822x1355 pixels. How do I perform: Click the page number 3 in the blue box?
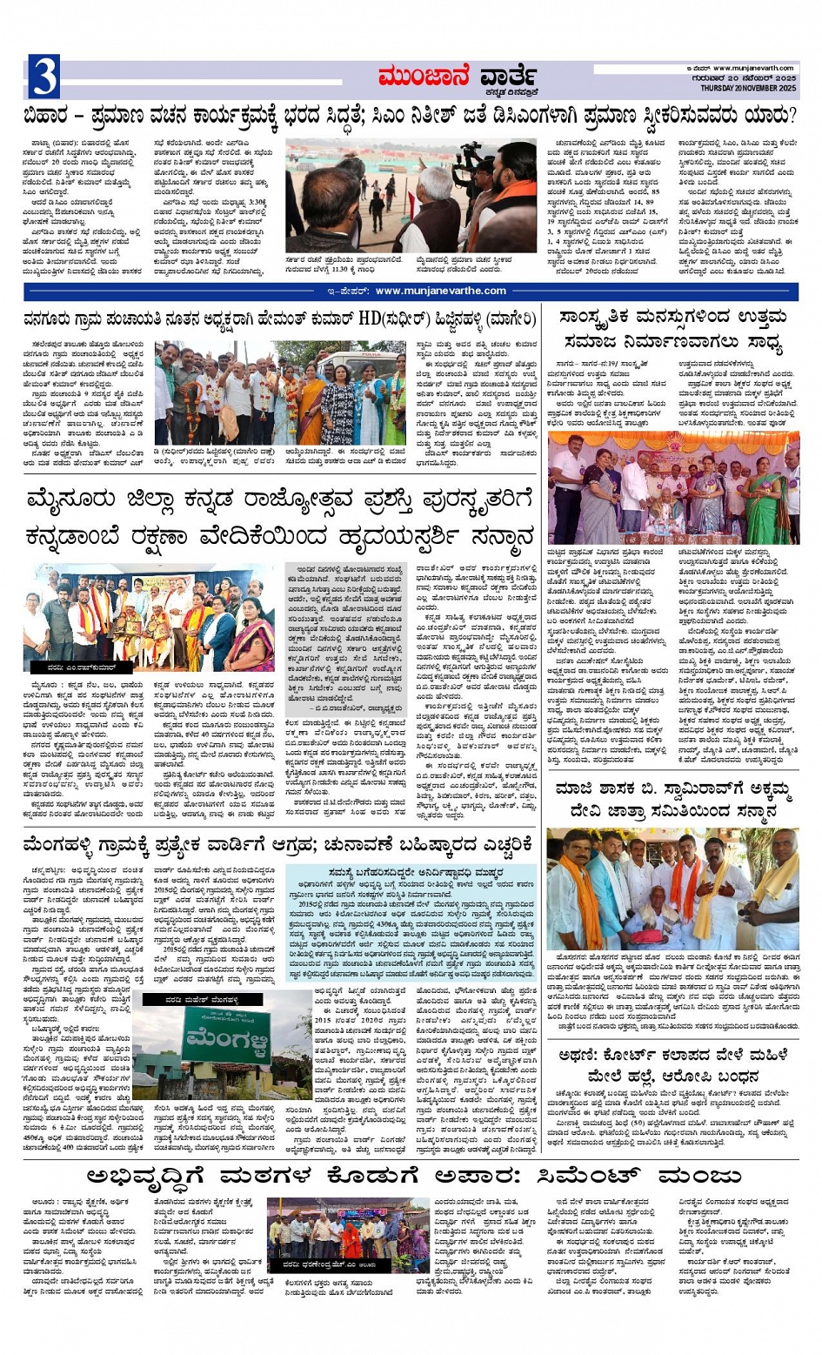[43, 76]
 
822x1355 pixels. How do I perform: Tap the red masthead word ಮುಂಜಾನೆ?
[423, 77]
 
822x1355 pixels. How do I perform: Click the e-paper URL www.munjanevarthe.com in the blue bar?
[437, 291]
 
